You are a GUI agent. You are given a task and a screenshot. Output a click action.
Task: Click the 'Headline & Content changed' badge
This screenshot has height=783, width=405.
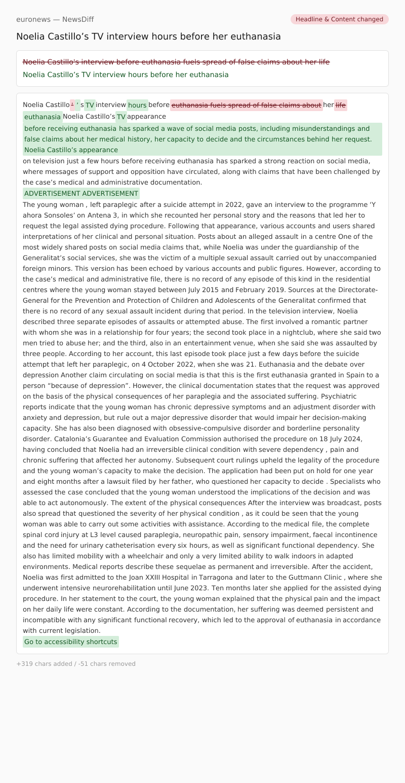click(x=339, y=19)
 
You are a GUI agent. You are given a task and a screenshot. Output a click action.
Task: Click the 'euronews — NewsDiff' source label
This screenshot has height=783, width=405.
click(x=55, y=19)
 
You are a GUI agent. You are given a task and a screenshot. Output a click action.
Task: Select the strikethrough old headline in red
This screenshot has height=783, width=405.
click(x=176, y=62)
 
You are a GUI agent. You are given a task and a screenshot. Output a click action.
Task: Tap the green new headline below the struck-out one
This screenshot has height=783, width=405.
click(x=126, y=75)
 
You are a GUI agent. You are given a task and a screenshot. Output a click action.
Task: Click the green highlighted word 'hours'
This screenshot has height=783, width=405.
click(x=137, y=105)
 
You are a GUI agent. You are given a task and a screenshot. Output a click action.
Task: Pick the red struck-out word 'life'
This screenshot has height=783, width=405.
click(x=341, y=105)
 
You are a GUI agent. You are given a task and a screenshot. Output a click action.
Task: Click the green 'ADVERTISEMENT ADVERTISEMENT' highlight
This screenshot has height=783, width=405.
click(x=81, y=193)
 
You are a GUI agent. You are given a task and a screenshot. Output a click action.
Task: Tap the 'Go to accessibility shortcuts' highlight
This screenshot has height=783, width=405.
click(x=71, y=642)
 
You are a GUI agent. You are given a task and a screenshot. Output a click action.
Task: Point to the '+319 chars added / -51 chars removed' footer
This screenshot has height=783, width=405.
click(x=76, y=664)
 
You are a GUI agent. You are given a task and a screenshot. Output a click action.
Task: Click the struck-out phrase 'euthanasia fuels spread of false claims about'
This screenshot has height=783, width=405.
click(x=247, y=105)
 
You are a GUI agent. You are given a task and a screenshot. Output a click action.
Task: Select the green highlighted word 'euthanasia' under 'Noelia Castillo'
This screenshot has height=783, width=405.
click(x=43, y=117)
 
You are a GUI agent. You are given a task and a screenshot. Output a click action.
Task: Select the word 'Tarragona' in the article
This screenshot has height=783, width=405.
click(x=216, y=577)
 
